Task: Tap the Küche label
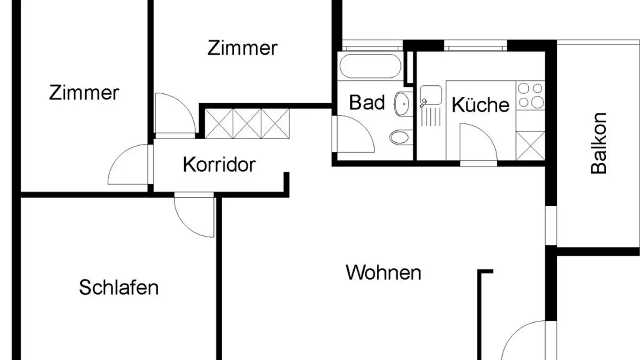[x=480, y=105]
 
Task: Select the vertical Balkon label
[x=599, y=143]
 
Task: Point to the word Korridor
[x=219, y=165]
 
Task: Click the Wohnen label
[x=383, y=272]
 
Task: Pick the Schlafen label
[x=119, y=288]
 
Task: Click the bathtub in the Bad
[x=370, y=66]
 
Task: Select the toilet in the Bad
[x=401, y=136]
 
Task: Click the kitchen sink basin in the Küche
[x=431, y=94]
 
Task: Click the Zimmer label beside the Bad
[x=242, y=48]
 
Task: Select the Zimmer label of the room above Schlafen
[x=84, y=93]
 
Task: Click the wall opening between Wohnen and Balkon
[x=551, y=225]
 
